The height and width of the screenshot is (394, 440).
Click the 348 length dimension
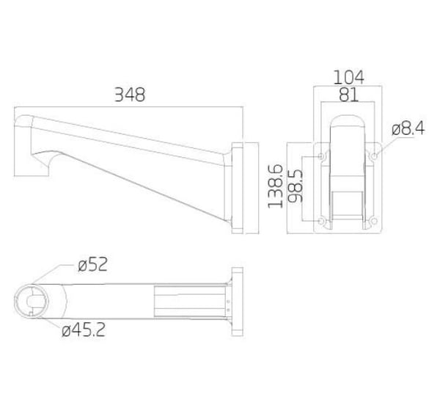[130, 95]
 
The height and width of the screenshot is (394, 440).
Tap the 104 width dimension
[348, 77]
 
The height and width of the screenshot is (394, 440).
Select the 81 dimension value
[348, 95]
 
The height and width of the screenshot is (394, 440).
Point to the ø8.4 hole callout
[408, 129]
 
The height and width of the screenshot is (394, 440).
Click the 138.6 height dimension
[275, 186]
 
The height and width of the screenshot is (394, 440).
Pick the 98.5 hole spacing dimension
[296, 186]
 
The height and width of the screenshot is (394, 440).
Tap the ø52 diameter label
[92, 264]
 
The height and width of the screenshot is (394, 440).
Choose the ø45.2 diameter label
[84, 329]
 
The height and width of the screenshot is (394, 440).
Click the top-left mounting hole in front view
[321, 156]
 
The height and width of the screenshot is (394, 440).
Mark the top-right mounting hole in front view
[374, 156]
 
